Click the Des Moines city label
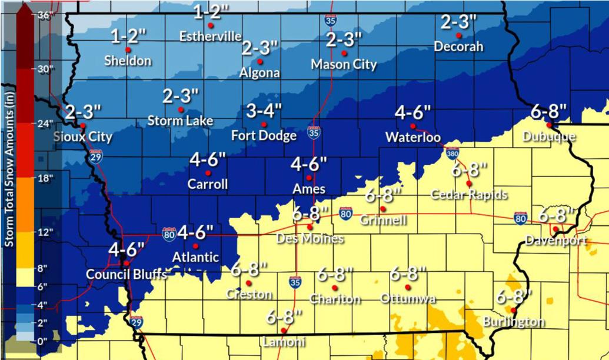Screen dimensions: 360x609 (x=310, y=239)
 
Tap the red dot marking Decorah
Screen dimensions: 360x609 (x=458, y=35)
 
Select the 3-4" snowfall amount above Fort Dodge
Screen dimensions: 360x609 (x=264, y=111)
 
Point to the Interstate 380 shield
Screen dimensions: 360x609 (x=452, y=154)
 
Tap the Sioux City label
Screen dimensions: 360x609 (x=82, y=137)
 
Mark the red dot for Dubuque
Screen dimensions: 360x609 (x=548, y=125)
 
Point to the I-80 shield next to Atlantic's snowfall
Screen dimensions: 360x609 (x=169, y=234)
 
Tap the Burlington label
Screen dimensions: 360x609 (x=513, y=322)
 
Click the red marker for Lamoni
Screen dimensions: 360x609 (x=284, y=331)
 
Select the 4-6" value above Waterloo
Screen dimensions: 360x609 (x=412, y=112)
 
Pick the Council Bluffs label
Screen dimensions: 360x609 (x=126, y=274)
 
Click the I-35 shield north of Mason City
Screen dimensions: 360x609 (x=330, y=20)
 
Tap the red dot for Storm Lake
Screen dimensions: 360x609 (x=181, y=109)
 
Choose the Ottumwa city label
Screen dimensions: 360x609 (x=408, y=299)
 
